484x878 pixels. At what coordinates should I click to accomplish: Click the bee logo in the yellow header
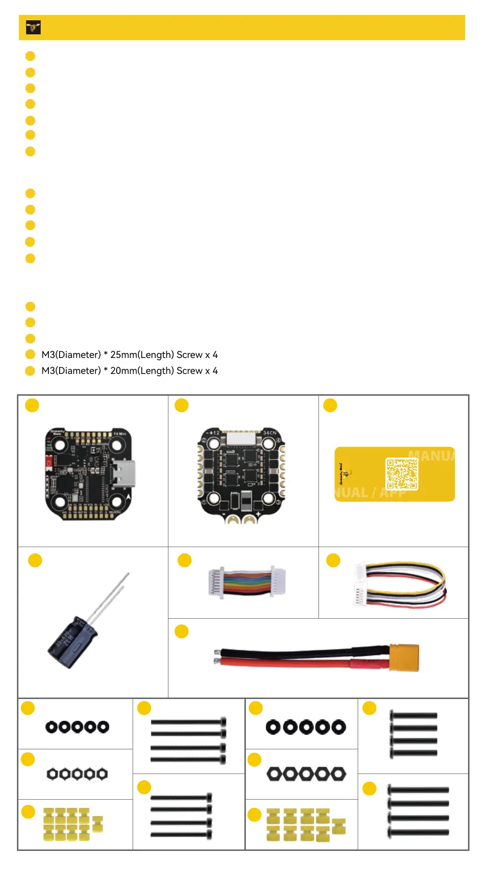33,28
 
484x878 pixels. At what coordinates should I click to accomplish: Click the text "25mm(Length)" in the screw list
142,355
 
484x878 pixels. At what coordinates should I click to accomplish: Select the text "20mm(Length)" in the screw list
142,371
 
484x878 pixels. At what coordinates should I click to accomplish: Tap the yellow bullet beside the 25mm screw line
30,355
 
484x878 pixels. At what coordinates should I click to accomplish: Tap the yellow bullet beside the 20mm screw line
30,371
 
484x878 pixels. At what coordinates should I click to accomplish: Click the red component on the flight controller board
49,462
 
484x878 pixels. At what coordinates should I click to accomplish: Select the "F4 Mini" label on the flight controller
119,433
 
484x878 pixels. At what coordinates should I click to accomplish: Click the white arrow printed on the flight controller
128,497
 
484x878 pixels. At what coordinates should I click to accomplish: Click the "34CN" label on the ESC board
270,432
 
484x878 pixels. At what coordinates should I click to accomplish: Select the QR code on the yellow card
401,474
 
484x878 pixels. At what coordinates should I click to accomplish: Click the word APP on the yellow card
393,493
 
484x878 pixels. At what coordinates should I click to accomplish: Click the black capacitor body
72,642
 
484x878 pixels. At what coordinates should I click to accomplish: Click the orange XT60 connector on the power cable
404,657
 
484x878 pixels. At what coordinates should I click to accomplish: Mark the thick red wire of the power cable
290,662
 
